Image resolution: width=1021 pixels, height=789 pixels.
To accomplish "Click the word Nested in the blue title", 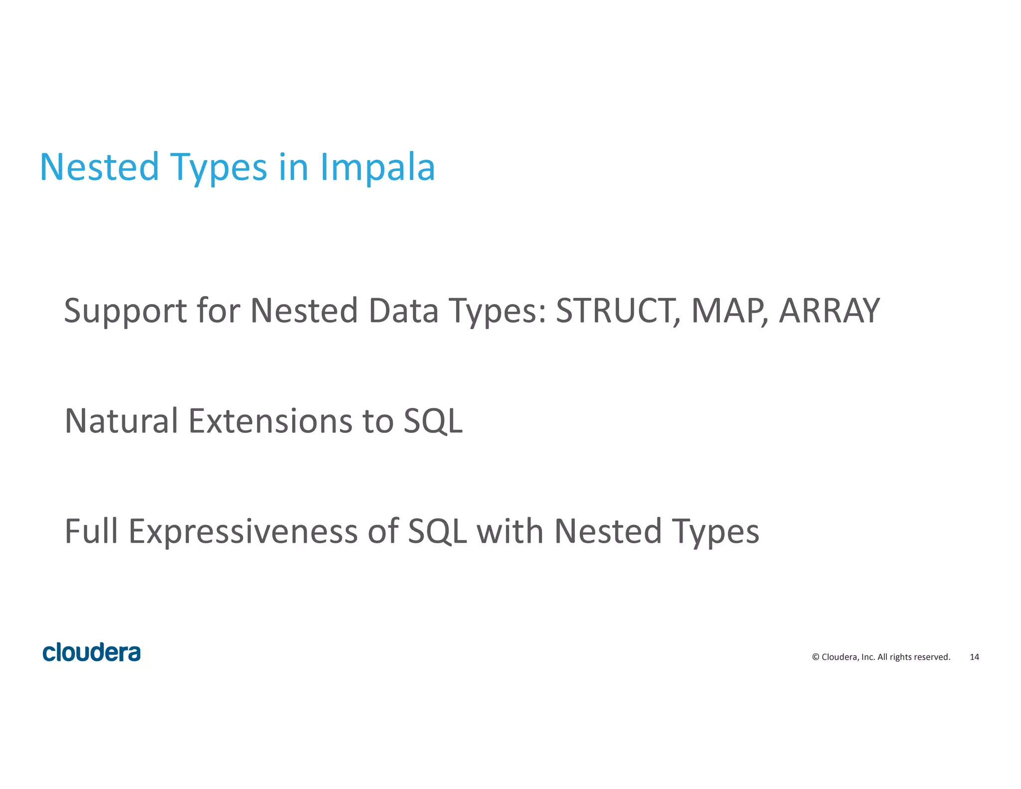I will (99, 167).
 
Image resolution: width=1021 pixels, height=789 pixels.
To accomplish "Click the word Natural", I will (121, 421).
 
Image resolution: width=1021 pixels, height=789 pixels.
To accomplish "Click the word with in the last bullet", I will (510, 531).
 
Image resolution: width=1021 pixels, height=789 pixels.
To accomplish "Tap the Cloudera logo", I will (92, 652).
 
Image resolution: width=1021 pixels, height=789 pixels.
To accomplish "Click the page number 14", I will (974, 657).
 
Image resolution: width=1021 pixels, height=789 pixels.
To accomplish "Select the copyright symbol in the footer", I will (816, 657).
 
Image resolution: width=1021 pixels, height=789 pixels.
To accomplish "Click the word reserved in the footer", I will (932, 657).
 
